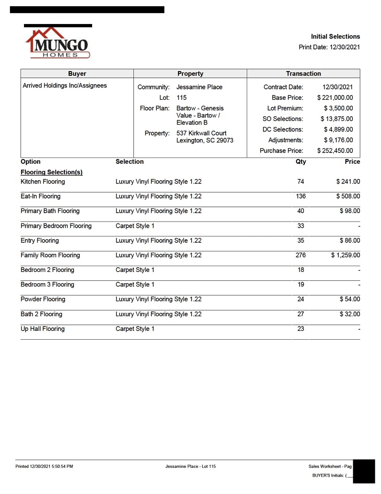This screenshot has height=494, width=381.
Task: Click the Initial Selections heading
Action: [335, 36]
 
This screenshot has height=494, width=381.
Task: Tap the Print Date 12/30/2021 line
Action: [329, 47]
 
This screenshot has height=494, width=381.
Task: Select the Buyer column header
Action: [77, 73]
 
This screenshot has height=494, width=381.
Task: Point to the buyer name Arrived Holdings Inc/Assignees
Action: [65, 86]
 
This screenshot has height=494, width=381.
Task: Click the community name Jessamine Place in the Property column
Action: [199, 87]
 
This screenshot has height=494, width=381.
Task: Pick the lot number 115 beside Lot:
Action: [182, 98]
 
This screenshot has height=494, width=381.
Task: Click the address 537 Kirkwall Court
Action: [201, 133]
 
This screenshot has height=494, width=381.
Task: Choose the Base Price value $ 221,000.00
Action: [335, 98]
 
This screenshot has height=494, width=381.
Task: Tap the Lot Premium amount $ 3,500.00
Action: [338, 108]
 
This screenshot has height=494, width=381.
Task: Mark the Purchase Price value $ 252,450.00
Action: [335, 151]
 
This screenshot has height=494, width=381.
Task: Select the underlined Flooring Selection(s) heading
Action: [52, 172]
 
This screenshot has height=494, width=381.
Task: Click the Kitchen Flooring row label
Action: [43, 182]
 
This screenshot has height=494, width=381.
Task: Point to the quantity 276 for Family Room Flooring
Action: [301, 255]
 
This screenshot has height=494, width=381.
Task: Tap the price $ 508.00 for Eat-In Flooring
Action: [348, 196]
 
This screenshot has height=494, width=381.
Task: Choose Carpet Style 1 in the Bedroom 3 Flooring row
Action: [135, 285]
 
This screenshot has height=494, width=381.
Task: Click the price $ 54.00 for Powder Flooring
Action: [350, 299]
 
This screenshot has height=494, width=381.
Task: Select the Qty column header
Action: [301, 161]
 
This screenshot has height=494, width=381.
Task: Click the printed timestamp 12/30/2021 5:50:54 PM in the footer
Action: [44, 466]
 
